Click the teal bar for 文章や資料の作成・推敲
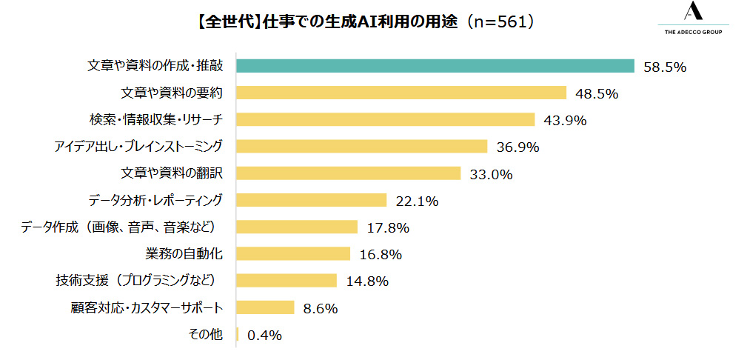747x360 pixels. tap(435, 66)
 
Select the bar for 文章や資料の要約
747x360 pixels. tap(401, 93)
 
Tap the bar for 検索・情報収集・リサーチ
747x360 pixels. tap(385, 119)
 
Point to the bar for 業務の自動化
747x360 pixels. tap(293, 254)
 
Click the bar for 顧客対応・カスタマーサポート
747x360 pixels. tap(265, 307)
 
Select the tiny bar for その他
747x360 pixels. tap(238, 335)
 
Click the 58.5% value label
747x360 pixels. tap(666, 67)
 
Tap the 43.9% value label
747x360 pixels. tap(566, 120)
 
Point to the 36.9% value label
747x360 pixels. tap(517, 147)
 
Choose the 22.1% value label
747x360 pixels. tap(418, 201)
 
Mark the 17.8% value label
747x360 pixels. tap(389, 227)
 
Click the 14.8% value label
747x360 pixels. tap(367, 281)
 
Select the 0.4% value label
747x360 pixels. tap(264, 336)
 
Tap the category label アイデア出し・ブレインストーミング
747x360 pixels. tap(138, 146)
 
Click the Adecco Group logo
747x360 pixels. tap(693, 19)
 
